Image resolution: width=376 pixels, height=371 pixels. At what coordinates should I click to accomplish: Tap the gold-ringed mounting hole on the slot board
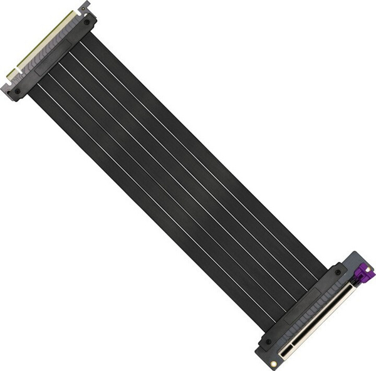point(274,363)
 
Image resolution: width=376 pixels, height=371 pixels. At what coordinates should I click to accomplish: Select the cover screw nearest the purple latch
point(338,273)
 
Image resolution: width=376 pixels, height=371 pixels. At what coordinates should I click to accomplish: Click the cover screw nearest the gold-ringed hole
point(268,342)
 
